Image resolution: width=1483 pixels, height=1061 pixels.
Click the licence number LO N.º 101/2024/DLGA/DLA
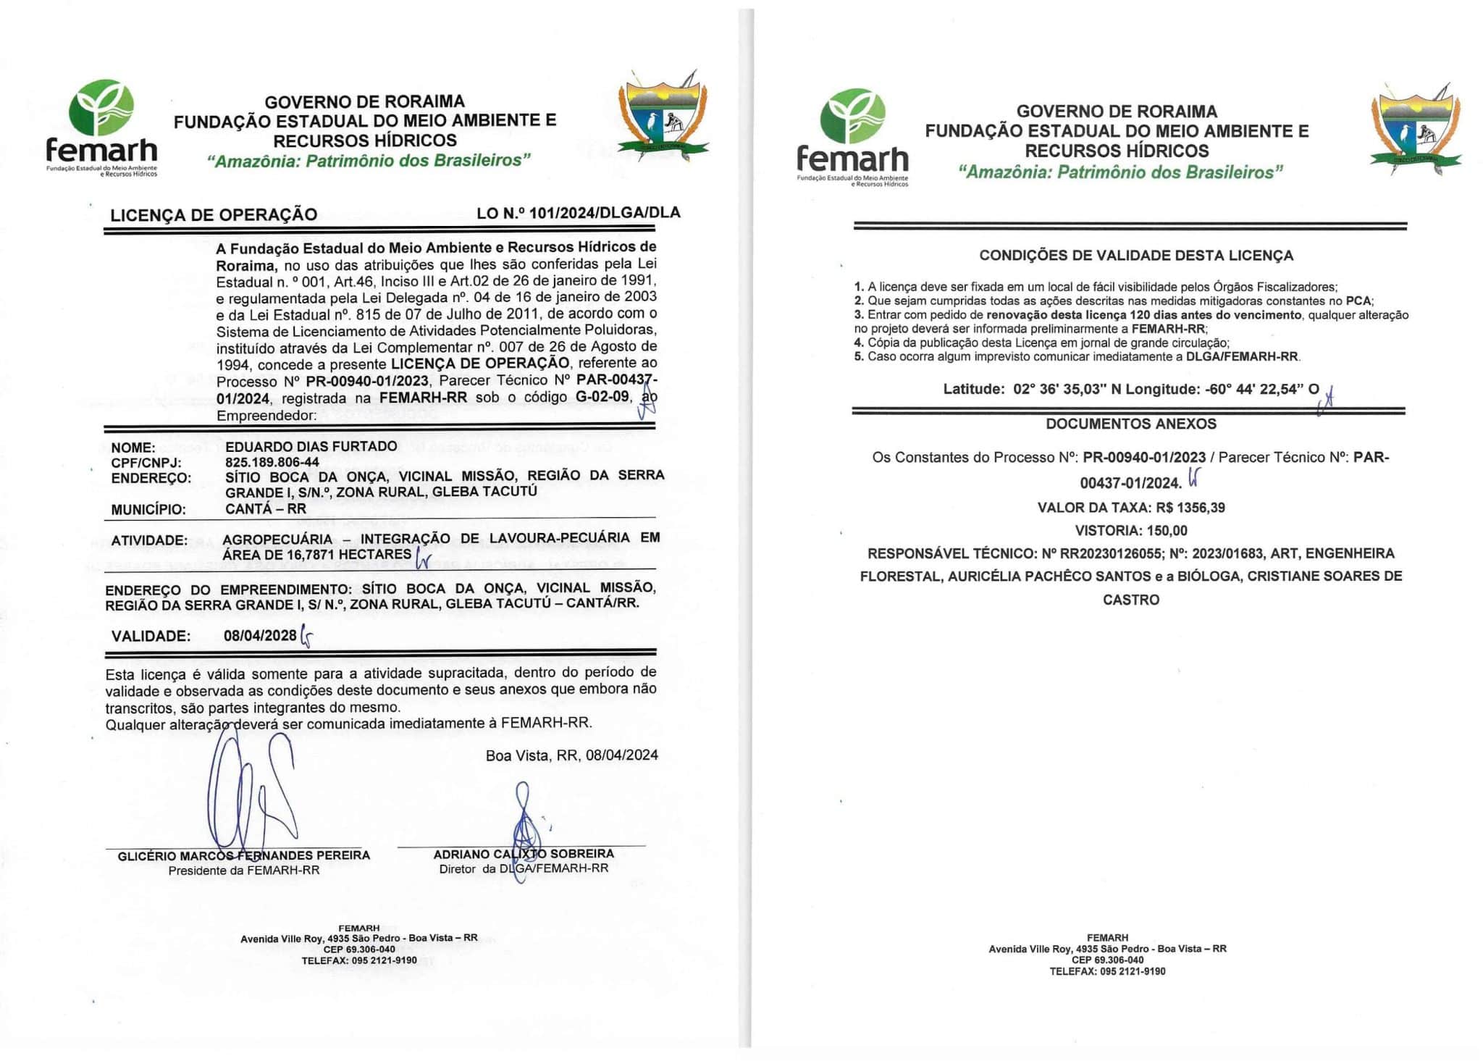(578, 213)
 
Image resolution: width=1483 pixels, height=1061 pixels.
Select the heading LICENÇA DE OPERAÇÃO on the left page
(214, 214)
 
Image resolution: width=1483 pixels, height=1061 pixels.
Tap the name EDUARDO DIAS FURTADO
(311, 446)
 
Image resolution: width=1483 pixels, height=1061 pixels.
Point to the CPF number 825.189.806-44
(272, 462)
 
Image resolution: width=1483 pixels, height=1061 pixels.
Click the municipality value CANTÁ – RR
(266, 508)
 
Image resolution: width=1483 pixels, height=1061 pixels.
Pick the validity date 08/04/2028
(260, 636)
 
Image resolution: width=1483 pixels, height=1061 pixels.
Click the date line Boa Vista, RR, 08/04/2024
(571, 755)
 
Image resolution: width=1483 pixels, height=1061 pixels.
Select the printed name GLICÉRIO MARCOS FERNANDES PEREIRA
(243, 855)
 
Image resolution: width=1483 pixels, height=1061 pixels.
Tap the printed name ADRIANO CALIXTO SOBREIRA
(523, 854)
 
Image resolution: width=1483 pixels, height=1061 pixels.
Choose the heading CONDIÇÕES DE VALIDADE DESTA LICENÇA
(1135, 255)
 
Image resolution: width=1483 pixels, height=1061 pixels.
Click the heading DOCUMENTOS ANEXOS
(1130, 424)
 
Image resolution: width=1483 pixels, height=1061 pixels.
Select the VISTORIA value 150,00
(1167, 530)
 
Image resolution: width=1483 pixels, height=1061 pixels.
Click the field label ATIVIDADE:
(148, 540)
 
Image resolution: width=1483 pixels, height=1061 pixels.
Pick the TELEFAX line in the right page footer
(1107, 971)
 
